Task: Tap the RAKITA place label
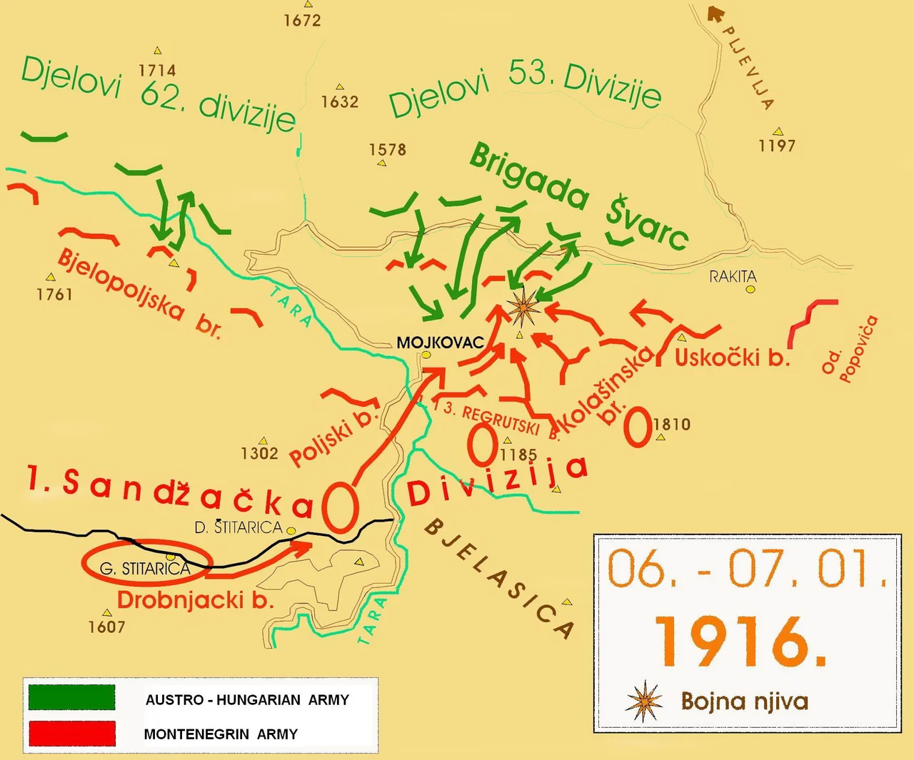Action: pos(733,276)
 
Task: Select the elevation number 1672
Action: pos(302,20)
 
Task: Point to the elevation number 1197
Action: pos(777,146)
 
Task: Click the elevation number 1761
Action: pos(54,294)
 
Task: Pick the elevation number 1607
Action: pos(106,627)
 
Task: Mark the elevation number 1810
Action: pos(672,425)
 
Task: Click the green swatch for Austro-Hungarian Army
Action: pos(71,697)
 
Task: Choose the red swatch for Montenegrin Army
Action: pos(71,733)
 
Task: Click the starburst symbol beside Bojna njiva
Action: pos(643,701)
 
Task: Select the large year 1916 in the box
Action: pos(740,641)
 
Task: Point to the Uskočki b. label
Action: pos(732,358)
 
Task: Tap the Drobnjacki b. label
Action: pos(196,600)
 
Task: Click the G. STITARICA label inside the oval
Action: pos(145,569)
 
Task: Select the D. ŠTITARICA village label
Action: pos(238,527)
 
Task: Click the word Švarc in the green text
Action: pos(647,223)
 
